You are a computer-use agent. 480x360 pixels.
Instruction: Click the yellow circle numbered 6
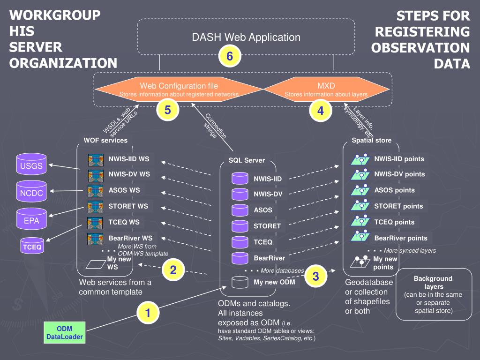point(230,56)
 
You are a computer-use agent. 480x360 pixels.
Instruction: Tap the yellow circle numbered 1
point(148,313)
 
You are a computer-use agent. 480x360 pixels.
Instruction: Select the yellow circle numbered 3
point(315,276)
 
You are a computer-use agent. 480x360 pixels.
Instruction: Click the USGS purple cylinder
point(31,164)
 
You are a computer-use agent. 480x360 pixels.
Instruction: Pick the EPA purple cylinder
point(31,218)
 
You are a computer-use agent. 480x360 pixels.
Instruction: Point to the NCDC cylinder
point(31,191)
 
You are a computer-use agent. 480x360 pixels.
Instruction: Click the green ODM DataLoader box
point(65,332)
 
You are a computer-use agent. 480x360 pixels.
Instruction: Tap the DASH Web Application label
point(246,37)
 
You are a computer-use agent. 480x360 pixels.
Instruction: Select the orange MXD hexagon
point(326,90)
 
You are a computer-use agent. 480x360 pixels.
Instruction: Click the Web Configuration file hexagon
point(179,90)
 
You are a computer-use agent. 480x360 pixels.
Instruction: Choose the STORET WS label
point(128,206)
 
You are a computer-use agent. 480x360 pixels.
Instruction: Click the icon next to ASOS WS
point(95,191)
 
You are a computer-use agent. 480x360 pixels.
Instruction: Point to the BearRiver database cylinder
point(240,258)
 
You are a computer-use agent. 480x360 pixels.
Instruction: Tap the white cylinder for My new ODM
point(240,282)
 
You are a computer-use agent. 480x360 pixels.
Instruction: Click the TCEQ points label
point(394,222)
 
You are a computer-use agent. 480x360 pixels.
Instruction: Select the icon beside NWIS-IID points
point(360,159)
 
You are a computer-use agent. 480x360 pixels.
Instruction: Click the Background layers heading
point(433,283)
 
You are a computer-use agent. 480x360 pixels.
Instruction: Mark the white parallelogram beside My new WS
point(96,264)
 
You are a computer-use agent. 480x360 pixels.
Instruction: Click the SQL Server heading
point(247,160)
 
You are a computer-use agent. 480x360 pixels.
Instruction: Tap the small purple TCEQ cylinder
point(32,246)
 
